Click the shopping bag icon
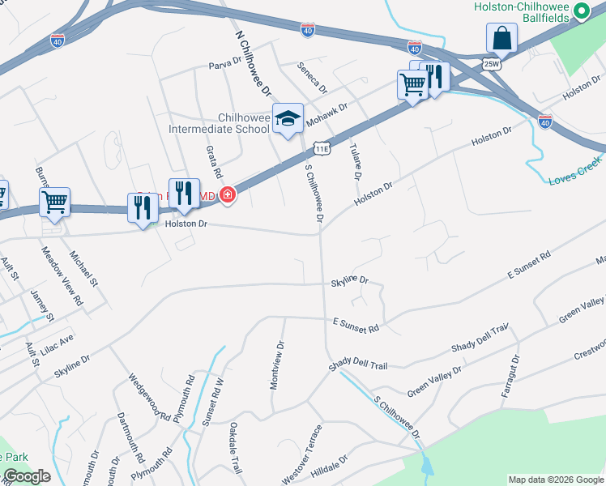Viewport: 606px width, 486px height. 501,37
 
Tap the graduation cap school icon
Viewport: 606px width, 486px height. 287,119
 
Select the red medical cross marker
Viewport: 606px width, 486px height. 228,194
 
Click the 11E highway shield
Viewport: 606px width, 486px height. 322,148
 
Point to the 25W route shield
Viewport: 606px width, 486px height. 492,63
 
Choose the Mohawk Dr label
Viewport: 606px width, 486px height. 330,109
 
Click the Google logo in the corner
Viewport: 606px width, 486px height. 26,476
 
